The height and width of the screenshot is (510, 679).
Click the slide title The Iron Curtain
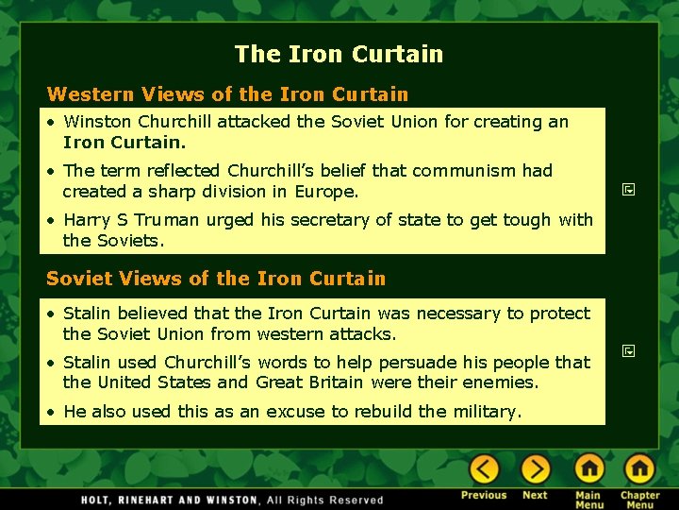[x=339, y=54]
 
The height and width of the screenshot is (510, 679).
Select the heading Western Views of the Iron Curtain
[x=227, y=94]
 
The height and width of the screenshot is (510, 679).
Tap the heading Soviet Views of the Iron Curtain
[x=216, y=279]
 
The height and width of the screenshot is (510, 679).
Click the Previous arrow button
[x=484, y=469]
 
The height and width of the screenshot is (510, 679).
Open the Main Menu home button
[x=589, y=469]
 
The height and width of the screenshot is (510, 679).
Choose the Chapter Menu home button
[x=639, y=469]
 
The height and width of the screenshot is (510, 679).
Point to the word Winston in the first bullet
[x=98, y=122]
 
